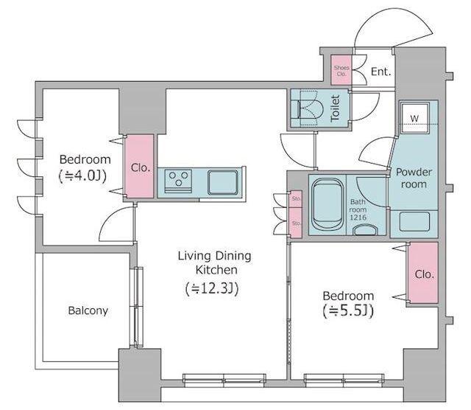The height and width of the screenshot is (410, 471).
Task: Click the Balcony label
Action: point(88,310)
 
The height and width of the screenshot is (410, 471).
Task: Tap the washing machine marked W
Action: point(414,118)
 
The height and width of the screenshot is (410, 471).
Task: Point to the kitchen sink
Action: point(223,182)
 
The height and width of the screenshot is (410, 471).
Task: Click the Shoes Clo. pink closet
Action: point(341,70)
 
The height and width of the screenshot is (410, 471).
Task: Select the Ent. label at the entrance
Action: point(381,72)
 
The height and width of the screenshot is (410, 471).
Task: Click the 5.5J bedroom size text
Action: point(348,311)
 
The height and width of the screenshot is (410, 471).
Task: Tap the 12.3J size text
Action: point(212,288)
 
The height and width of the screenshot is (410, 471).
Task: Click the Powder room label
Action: point(414,178)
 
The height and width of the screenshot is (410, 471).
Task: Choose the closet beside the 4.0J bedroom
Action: point(139,166)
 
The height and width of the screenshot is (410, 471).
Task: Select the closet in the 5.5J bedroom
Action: point(424,273)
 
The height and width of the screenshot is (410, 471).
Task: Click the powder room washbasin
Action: point(414,221)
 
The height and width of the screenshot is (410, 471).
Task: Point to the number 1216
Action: point(358,218)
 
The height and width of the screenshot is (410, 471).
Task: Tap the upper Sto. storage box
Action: point(296,199)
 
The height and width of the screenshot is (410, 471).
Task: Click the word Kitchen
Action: point(216,270)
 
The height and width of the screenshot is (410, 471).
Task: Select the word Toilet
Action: point(335,108)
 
